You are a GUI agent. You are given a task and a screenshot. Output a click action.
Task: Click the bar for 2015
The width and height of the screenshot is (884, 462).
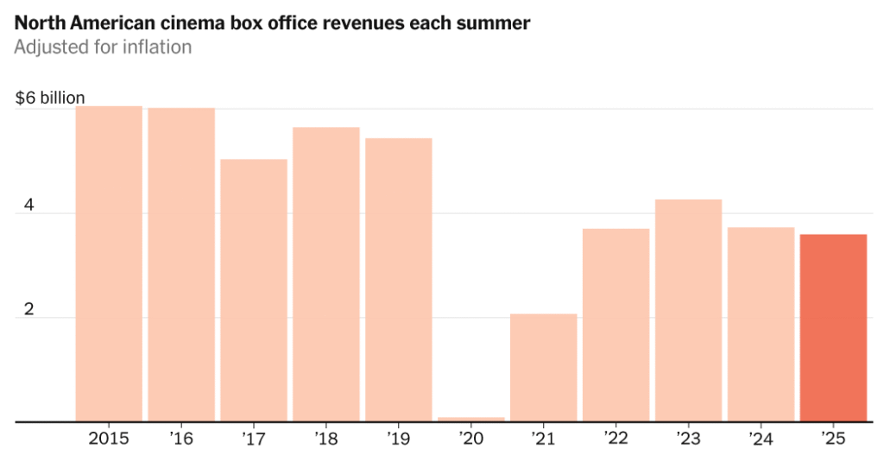click(x=109, y=263)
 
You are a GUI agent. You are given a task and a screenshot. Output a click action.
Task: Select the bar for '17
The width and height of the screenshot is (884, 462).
click(x=254, y=290)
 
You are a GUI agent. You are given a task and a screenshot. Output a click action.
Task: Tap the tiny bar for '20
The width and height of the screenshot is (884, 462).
click(x=471, y=419)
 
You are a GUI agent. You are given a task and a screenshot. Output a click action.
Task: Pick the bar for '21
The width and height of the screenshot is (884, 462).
click(x=544, y=368)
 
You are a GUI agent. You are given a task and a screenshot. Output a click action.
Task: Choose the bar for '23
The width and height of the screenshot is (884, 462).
click(x=688, y=311)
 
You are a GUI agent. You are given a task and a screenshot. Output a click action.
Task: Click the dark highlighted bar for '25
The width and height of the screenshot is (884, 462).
click(x=833, y=328)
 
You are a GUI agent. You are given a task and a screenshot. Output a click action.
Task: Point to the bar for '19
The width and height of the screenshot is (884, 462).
click(x=399, y=280)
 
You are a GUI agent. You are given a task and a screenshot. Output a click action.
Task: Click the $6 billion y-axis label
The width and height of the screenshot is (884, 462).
click(x=50, y=98)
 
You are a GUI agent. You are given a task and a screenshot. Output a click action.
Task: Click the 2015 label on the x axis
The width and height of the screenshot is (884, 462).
click(x=109, y=439)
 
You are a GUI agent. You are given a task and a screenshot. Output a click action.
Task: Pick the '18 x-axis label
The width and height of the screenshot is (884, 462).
click(x=325, y=439)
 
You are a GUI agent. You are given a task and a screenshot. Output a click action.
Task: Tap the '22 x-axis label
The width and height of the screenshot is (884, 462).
click(x=616, y=439)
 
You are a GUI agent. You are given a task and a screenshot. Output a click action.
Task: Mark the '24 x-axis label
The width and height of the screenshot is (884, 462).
click(x=761, y=439)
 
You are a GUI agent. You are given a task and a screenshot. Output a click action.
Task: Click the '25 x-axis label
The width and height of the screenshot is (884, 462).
click(x=833, y=439)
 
